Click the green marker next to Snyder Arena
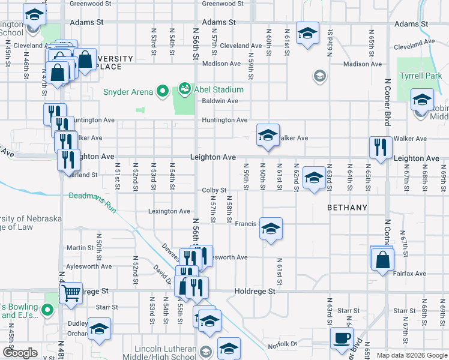(x=162, y=92)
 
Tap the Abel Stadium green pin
(x=184, y=89)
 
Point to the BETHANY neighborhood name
(x=347, y=208)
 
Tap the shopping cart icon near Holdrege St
(x=71, y=293)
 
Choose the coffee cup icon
(x=342, y=337)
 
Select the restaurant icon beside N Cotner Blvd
(x=381, y=146)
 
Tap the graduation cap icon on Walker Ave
(x=268, y=134)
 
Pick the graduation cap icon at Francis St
(x=271, y=228)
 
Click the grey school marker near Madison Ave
(x=319, y=76)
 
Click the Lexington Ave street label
(x=170, y=211)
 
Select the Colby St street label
(x=214, y=190)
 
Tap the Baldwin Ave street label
(x=220, y=101)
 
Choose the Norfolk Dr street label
(x=282, y=344)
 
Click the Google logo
(x=20, y=353)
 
